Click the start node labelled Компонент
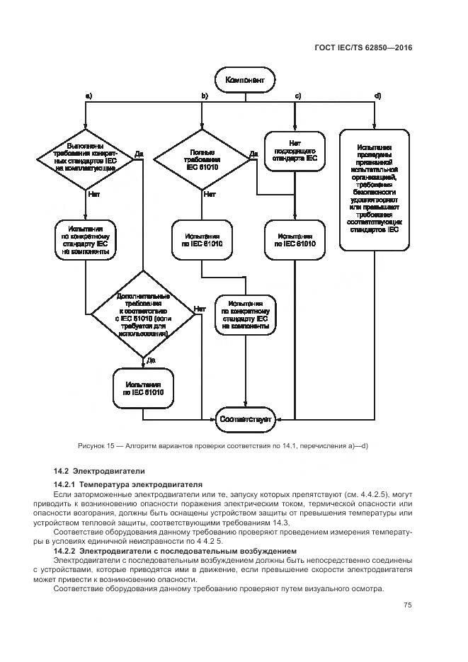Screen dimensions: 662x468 tap(245, 80)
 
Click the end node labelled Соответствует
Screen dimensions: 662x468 tap(246, 419)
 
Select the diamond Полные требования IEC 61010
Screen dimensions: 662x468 tap(202, 159)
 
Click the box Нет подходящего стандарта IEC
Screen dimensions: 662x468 tap(295, 150)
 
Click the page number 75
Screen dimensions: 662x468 tap(408, 605)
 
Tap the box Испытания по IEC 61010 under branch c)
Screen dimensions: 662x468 tap(295, 241)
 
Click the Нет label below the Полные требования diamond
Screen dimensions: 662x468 tap(209, 193)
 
